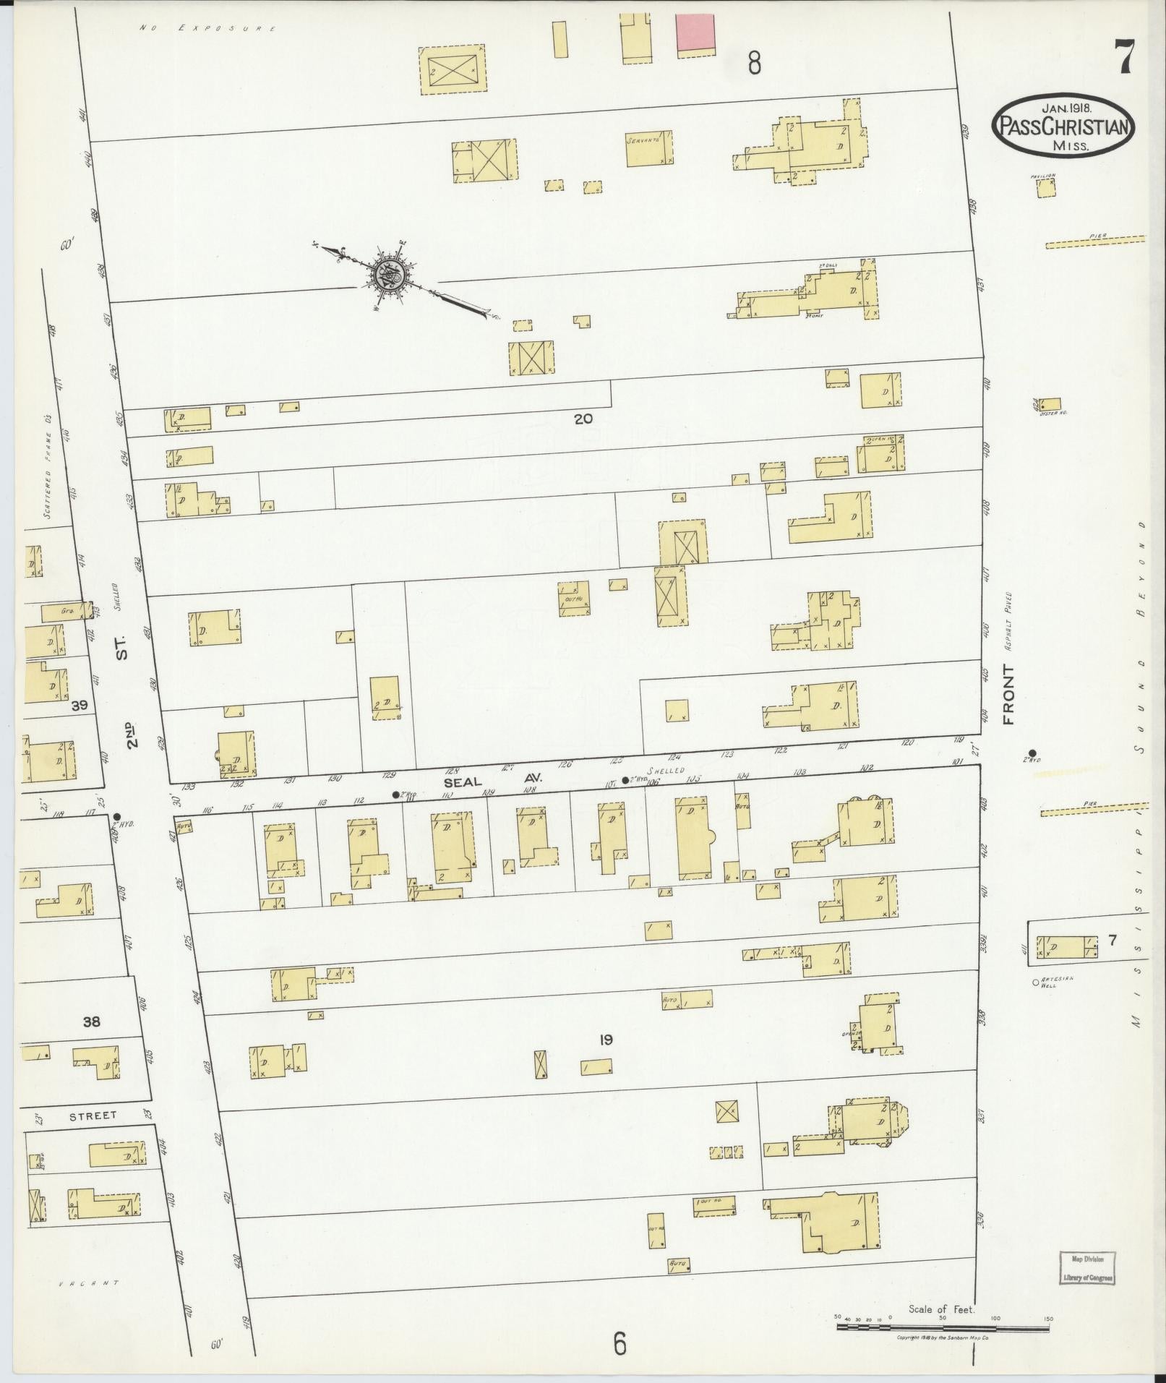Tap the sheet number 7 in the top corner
pyautogui.click(x=1126, y=59)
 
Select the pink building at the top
pyautogui.click(x=695, y=33)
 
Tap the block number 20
pyautogui.click(x=583, y=418)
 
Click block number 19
pyautogui.click(x=606, y=1040)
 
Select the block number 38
pyautogui.click(x=92, y=1022)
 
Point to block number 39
pyautogui.click(x=79, y=705)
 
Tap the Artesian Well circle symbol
pyautogui.click(x=1035, y=982)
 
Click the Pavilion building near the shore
pyautogui.click(x=1045, y=188)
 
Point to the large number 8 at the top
pyautogui.click(x=754, y=65)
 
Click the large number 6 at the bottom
pyautogui.click(x=620, y=1344)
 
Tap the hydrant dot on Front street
pyautogui.click(x=1032, y=753)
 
